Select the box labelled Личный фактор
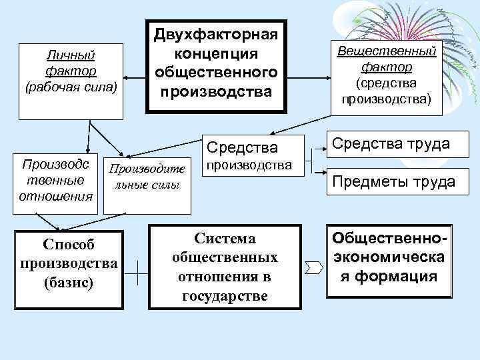(71, 81)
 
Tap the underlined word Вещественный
(387, 51)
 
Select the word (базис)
(69, 282)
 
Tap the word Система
(224, 238)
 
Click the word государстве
(224, 295)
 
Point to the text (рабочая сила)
(71, 86)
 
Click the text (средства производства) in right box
(387, 91)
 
